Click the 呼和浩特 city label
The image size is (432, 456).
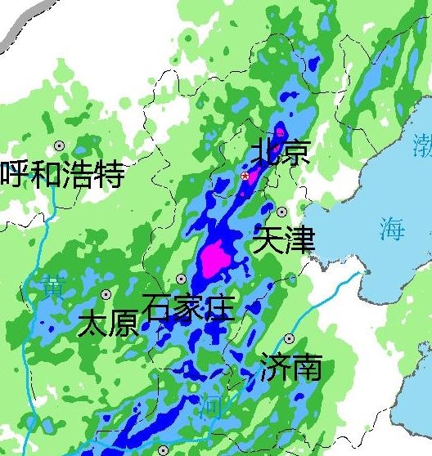click(62, 174)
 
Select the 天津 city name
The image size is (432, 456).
click(284, 239)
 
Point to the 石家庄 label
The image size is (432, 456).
click(188, 308)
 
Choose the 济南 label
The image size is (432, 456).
click(290, 368)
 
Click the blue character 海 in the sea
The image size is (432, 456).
click(392, 229)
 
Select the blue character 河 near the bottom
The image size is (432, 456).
click(210, 405)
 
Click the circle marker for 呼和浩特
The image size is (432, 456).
click(59, 145)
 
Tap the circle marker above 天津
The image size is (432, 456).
click(282, 212)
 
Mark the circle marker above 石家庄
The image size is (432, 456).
click(181, 279)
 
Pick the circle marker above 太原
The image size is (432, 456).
click(106, 294)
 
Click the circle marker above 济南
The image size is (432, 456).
click(289, 338)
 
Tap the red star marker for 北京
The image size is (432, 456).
click(245, 176)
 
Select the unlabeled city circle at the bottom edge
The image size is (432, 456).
click(163, 450)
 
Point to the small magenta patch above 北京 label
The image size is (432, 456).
click(281, 131)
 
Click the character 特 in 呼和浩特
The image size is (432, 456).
click(109, 174)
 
